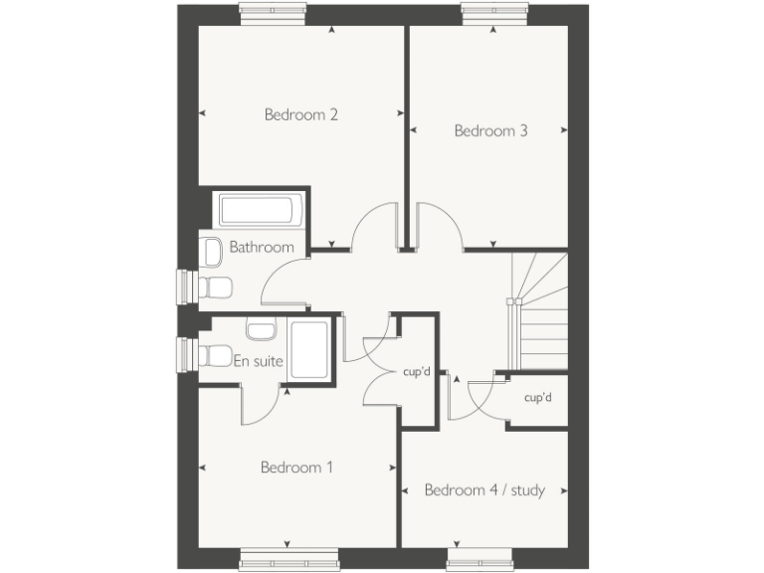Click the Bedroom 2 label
301,114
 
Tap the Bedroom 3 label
490,130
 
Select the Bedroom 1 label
296,467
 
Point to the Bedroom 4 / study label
484,489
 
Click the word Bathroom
262,247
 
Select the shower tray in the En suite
311,349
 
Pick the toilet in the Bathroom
213,287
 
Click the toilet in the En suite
213,355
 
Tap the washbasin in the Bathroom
211,254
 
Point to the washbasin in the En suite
261,329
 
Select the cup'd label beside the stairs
538,398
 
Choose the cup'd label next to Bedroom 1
416,373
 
